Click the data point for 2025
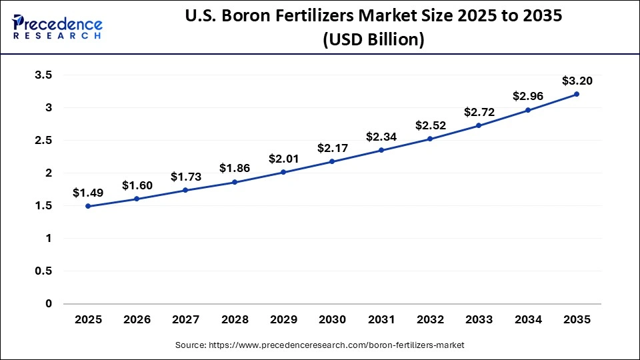tap(88, 206)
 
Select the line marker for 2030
tap(333, 161)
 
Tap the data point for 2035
tap(577, 94)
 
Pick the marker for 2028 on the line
tap(235, 182)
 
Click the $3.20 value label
tap(577, 81)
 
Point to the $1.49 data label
tap(88, 193)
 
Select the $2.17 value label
tap(333, 147)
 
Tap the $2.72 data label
tap(479, 111)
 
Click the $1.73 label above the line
tap(186, 177)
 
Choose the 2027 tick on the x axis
tap(186, 320)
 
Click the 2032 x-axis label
tap(430, 320)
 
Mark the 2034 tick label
tap(528, 320)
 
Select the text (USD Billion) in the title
tap(373, 40)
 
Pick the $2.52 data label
tap(430, 125)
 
